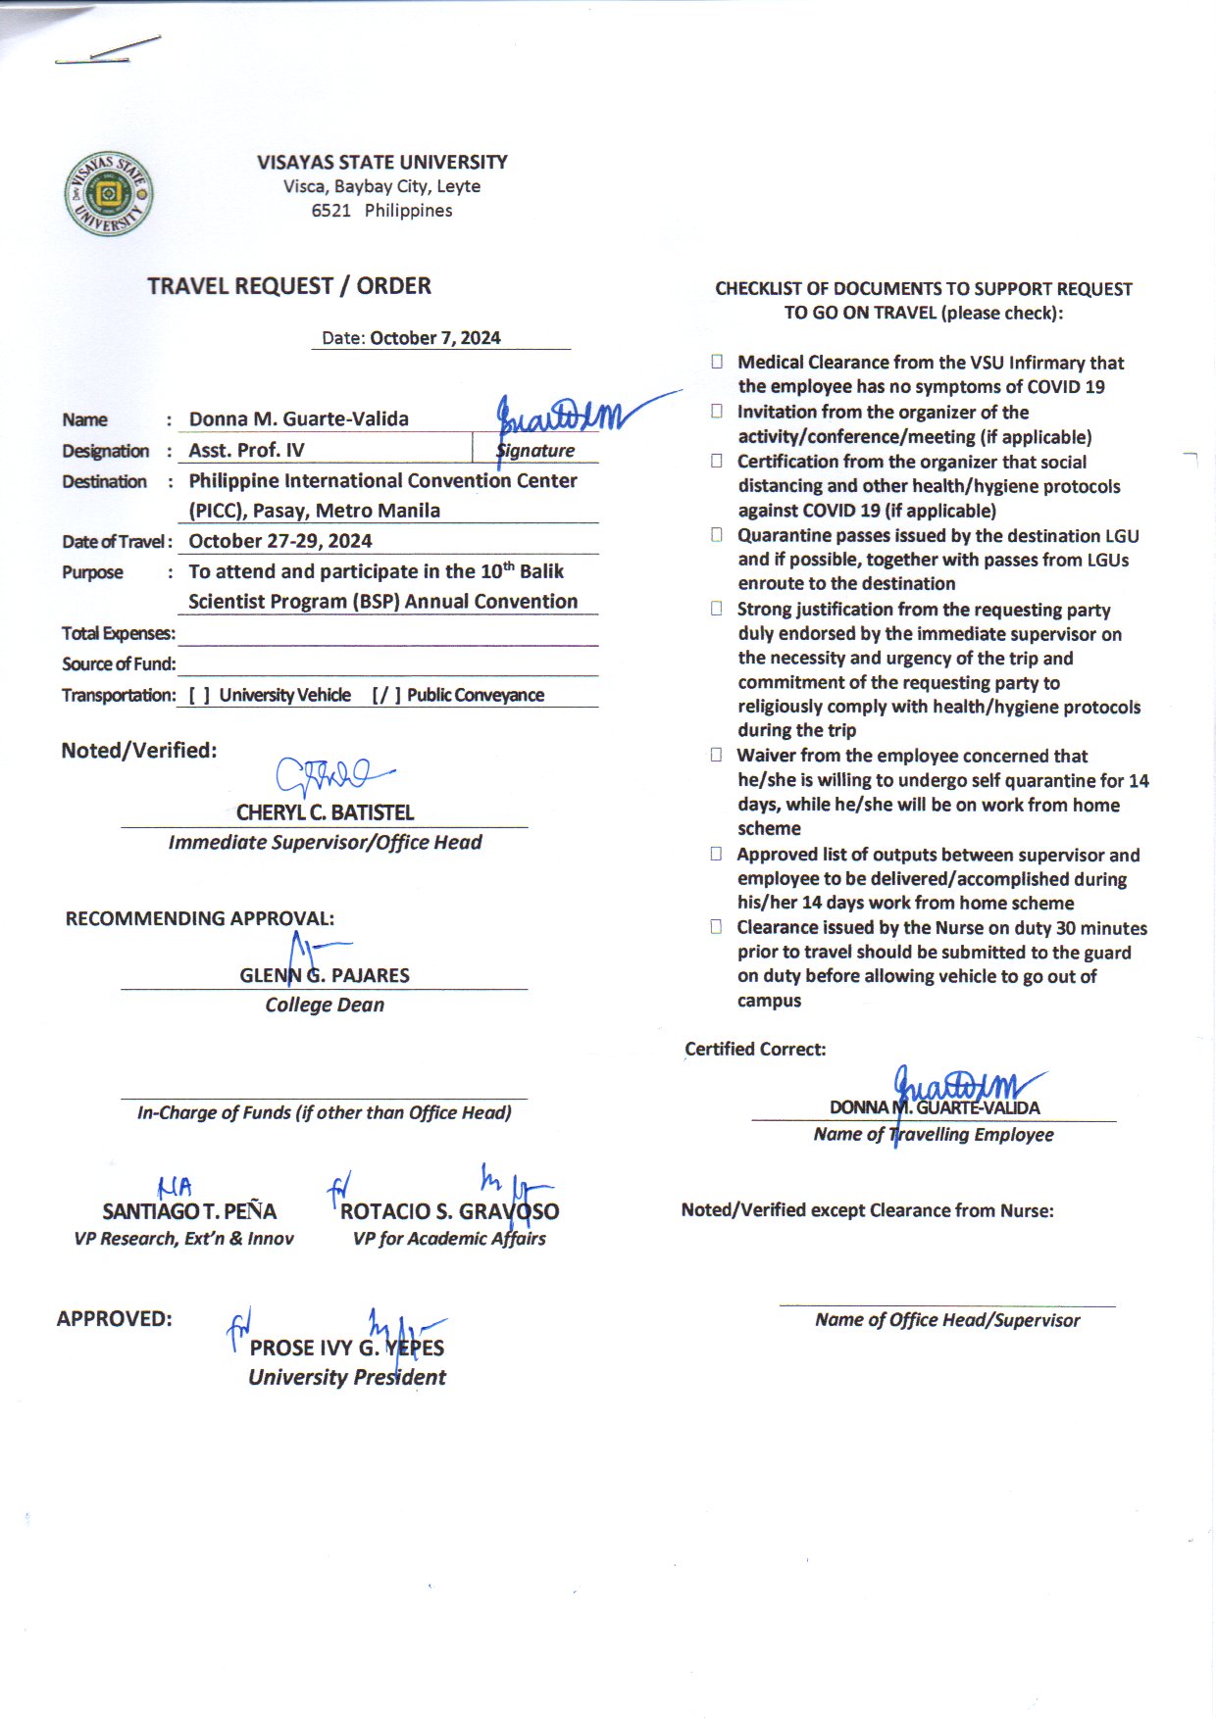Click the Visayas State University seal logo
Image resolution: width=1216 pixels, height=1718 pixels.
(x=108, y=194)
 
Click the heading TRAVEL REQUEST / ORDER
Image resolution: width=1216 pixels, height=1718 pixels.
(x=289, y=286)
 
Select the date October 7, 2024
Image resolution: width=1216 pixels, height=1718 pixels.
(x=434, y=338)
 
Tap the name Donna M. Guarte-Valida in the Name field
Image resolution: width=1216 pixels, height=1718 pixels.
(x=298, y=419)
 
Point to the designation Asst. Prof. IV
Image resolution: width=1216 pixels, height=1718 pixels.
(x=246, y=451)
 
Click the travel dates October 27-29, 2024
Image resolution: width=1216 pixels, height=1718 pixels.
(x=279, y=541)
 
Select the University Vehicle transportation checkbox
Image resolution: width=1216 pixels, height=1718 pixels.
(x=199, y=696)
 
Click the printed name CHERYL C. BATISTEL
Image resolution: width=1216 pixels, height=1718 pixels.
(x=325, y=812)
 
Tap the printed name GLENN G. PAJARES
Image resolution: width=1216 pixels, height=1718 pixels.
(x=325, y=975)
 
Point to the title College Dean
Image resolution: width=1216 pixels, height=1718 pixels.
(x=325, y=1005)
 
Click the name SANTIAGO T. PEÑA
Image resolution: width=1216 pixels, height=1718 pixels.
(x=189, y=1211)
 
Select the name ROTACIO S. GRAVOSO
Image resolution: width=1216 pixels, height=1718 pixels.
(x=449, y=1211)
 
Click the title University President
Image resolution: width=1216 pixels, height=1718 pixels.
(x=346, y=1377)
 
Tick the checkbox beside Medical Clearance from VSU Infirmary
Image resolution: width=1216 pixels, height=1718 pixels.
(x=717, y=362)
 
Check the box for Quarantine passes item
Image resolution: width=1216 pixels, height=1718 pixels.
(x=717, y=535)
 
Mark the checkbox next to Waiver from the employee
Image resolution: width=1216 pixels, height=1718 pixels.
(x=717, y=755)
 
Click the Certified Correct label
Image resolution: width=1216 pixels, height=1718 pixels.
(x=755, y=1050)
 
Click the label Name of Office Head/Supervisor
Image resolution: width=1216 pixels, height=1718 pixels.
(x=947, y=1320)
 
